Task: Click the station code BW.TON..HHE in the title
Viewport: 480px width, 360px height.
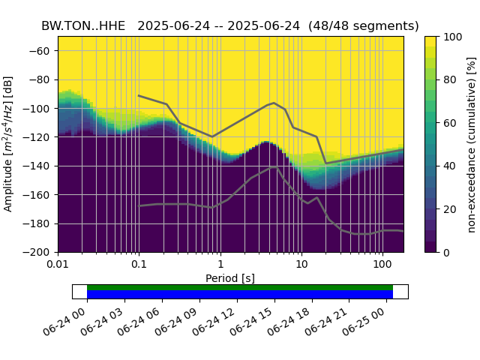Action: [x=83, y=25]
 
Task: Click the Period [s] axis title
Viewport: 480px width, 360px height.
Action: [x=230, y=278]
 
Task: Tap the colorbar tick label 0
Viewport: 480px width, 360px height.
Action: [x=445, y=253]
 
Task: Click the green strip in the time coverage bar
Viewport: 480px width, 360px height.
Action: [x=240, y=287]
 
